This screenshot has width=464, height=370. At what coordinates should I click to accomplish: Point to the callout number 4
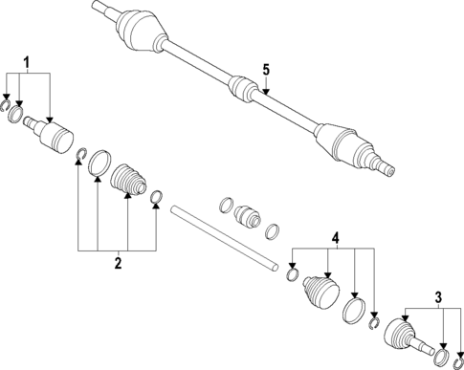click(335, 236)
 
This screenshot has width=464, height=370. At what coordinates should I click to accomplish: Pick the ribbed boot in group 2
click(128, 181)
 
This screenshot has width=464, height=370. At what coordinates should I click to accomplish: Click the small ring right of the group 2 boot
click(157, 198)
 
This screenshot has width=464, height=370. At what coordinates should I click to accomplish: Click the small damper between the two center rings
click(248, 216)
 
